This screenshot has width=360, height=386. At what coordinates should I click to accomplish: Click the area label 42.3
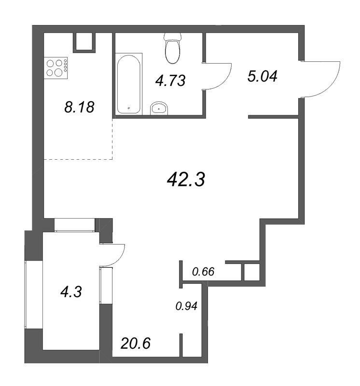186,179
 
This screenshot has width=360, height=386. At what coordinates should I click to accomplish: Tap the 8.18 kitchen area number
79,107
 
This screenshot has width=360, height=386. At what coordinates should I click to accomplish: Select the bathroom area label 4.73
170,81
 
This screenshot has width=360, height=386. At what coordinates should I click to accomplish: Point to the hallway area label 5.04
263,76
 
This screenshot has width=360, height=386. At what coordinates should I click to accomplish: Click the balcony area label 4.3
71,292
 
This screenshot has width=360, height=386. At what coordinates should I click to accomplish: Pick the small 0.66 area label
203,272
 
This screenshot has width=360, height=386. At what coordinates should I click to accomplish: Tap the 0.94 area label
186,306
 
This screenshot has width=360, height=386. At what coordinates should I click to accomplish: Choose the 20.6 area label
136,344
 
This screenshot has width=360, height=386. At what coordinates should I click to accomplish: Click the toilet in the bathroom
173,47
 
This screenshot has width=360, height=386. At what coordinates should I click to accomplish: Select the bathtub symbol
129,83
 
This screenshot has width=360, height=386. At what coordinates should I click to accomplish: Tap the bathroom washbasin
159,108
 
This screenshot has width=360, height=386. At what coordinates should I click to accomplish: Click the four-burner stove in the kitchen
56,68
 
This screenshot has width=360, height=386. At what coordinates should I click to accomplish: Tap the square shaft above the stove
84,42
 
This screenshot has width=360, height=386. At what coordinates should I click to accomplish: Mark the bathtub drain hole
128,108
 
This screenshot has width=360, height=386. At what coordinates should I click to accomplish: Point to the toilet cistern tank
173,37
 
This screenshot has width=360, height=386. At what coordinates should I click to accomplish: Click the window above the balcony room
74,225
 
